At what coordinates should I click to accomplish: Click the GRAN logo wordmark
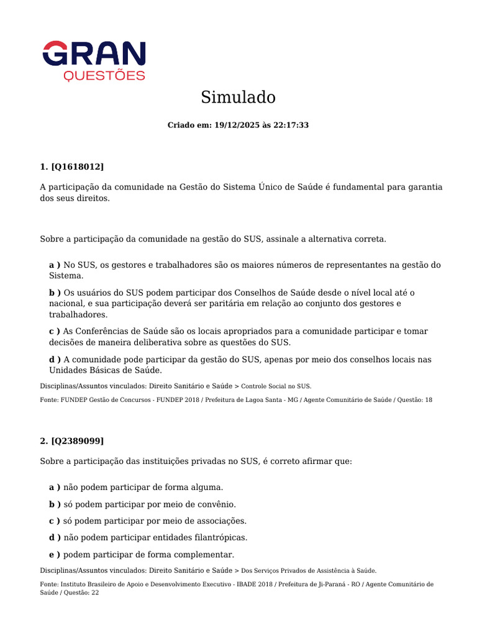click(x=94, y=53)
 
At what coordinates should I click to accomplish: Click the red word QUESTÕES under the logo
click(x=104, y=76)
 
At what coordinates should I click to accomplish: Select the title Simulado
click(x=238, y=98)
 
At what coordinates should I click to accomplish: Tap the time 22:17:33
click(x=291, y=125)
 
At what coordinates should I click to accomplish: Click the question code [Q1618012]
click(x=78, y=166)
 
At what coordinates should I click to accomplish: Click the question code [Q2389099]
click(x=78, y=441)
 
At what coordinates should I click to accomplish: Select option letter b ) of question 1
click(x=55, y=293)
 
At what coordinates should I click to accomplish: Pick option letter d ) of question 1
click(x=55, y=360)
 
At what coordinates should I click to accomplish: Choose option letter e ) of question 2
click(x=55, y=555)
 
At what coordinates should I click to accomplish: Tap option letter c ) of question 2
click(x=55, y=521)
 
